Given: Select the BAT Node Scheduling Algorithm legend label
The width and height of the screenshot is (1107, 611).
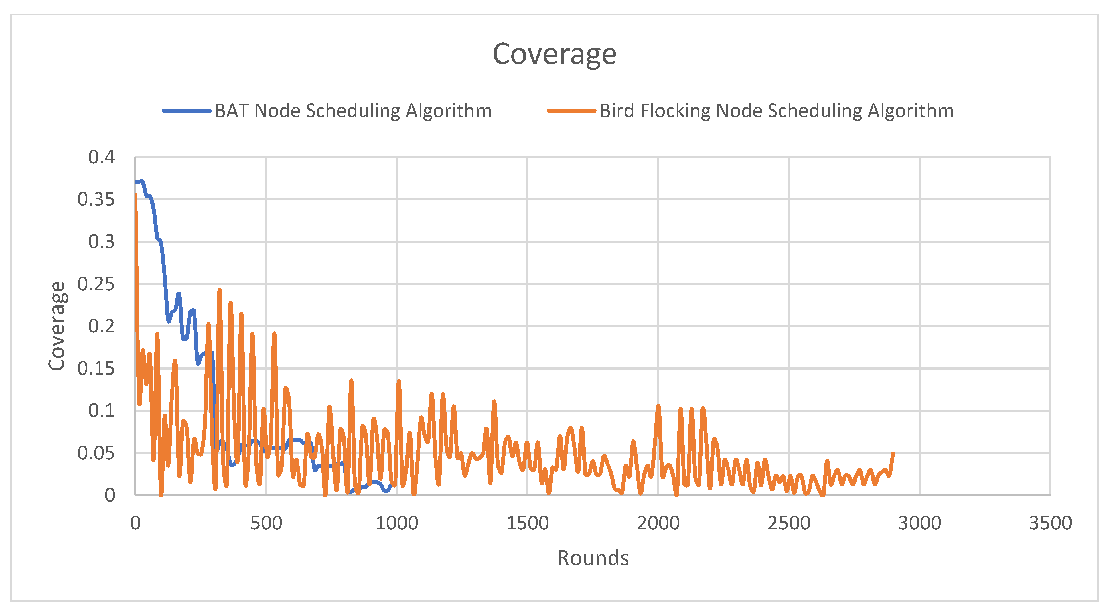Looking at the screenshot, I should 353,111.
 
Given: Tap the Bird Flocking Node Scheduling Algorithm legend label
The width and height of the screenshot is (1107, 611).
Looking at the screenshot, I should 776,111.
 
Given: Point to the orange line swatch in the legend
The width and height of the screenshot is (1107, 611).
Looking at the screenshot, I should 571,111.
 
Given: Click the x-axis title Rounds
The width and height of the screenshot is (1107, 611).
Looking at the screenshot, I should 593,558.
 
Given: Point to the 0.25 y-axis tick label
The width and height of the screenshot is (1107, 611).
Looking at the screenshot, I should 96,284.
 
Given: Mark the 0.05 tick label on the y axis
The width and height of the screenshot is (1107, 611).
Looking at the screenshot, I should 96,453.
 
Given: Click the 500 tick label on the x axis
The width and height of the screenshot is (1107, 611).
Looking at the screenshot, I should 266,523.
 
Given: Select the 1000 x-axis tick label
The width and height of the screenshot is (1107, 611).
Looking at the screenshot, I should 397,523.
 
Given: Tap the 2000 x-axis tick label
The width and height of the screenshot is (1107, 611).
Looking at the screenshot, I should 658,523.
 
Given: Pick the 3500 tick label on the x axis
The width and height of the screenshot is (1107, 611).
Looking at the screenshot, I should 1050,523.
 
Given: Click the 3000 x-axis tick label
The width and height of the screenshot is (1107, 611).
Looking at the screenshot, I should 919,523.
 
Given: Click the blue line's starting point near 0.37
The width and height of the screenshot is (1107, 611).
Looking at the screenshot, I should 136,182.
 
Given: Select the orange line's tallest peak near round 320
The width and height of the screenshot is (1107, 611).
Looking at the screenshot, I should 220,290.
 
